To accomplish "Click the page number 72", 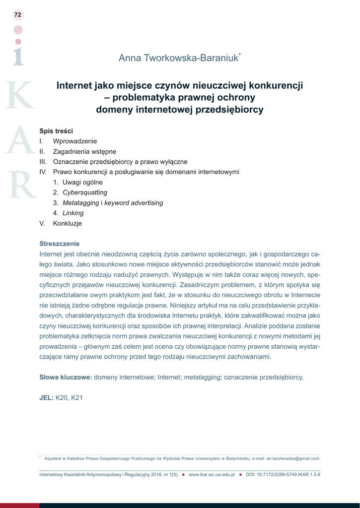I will point(18,15).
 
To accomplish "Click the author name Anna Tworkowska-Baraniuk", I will point(178,59).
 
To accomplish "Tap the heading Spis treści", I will point(56,131).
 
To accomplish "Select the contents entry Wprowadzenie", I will point(75,141).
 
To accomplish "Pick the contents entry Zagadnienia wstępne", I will point(84,151).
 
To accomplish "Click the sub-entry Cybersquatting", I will point(84,192).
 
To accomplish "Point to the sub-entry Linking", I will point(73,213).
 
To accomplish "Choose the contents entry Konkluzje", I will point(68,224).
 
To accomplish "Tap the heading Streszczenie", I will point(59,244).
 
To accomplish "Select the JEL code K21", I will point(77,398).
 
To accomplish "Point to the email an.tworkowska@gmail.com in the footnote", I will point(293,458).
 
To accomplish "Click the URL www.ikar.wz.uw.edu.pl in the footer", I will point(212,475).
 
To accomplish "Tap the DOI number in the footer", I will point(289,475).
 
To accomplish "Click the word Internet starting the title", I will point(74,85).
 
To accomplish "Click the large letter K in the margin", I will point(19,95).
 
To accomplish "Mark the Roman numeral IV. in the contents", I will point(43,172).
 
